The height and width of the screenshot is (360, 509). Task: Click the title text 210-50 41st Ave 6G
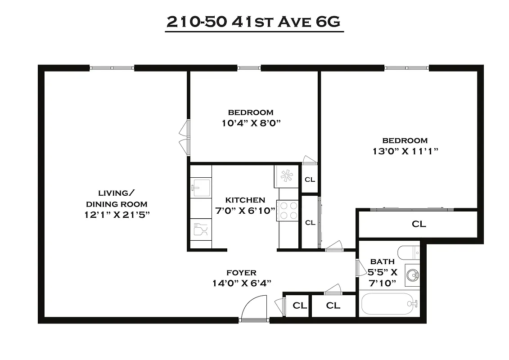254,22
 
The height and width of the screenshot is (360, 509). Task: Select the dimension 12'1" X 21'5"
117,215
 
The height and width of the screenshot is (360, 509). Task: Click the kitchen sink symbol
201,188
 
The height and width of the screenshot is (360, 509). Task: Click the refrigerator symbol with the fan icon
287,176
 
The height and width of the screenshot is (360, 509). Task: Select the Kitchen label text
245,200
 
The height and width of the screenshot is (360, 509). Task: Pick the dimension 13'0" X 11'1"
405,151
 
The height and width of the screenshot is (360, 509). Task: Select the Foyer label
241,273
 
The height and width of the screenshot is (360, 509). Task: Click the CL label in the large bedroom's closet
419,224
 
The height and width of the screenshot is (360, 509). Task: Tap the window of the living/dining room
112,68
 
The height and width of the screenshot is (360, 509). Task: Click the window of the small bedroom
249,68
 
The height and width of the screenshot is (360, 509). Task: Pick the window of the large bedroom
406,68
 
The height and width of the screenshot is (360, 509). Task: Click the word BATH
382,261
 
